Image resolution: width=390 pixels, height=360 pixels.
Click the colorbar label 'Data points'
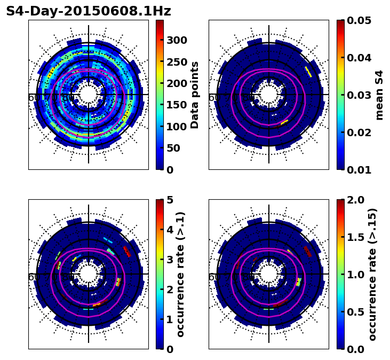[x=195, y=95]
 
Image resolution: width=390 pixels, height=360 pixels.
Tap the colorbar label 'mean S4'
[x=379, y=95]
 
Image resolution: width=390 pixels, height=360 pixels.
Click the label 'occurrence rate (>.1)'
[x=180, y=275]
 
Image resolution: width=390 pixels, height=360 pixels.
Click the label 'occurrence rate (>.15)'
[x=372, y=275]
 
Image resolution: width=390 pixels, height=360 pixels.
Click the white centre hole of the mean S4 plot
[x=269, y=95]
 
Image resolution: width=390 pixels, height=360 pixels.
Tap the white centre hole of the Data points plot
[x=89, y=95]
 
